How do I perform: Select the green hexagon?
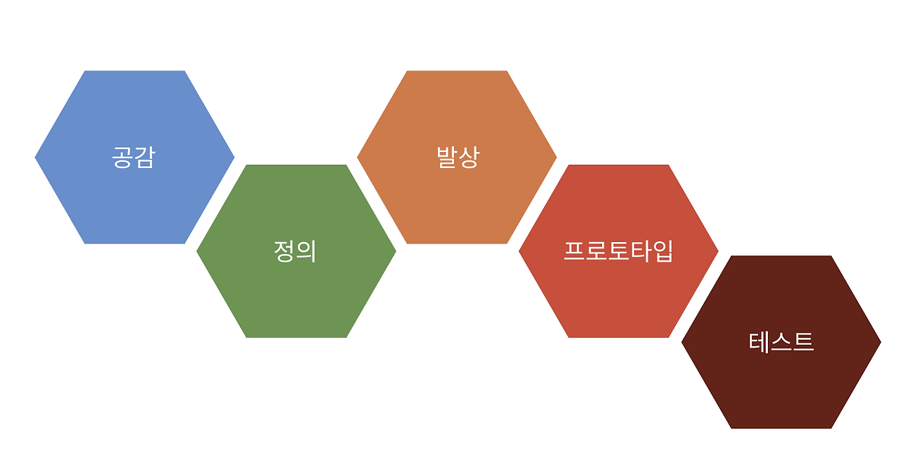[296, 296]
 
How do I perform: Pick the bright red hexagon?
[618, 296]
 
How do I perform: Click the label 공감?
[134, 157]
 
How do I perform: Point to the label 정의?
[296, 251]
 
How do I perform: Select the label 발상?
[458, 157]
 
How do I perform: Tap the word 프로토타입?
[619, 251]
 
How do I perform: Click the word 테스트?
[781, 342]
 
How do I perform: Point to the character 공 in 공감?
[122, 157]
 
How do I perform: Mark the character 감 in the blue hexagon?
[144, 157]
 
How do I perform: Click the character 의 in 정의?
[306, 251]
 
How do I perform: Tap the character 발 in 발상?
[446, 157]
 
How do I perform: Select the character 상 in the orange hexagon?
[468, 157]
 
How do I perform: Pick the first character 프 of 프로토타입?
[574, 251]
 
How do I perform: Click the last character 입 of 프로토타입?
[663, 251]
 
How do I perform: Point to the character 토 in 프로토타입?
[619, 251]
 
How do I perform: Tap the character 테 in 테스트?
[760, 342]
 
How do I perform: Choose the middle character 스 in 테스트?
[781, 342]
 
